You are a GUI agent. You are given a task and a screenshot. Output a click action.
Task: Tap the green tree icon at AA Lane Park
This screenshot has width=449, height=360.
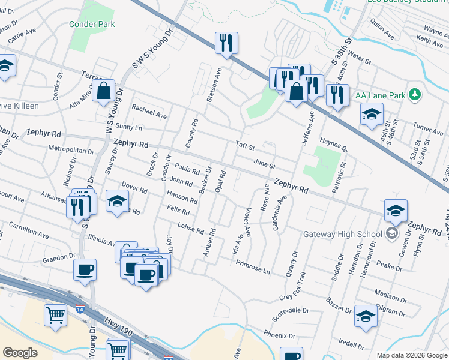[414, 94]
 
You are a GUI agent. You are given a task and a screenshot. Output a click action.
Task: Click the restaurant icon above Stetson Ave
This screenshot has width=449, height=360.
[226, 43]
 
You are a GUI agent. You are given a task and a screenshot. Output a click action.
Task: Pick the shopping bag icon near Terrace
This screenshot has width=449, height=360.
[104, 91]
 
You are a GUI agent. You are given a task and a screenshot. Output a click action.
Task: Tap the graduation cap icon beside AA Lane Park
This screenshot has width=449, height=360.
[372, 113]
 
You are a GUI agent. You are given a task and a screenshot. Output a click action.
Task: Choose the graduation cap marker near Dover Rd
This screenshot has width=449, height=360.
[117, 200]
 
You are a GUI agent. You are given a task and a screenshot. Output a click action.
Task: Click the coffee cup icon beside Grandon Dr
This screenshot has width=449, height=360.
[85, 269]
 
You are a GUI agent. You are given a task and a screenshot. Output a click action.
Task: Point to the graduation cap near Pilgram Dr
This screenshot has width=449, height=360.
[365, 316]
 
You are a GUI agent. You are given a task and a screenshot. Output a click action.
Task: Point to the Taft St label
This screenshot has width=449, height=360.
[245, 146]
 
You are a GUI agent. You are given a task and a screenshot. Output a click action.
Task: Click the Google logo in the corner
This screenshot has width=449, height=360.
[20, 353]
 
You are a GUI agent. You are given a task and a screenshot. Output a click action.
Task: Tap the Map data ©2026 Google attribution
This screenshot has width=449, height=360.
[411, 355]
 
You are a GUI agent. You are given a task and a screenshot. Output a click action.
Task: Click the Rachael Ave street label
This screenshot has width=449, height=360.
[149, 112]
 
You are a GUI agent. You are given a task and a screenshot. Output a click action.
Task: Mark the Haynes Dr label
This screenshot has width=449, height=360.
[334, 143]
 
